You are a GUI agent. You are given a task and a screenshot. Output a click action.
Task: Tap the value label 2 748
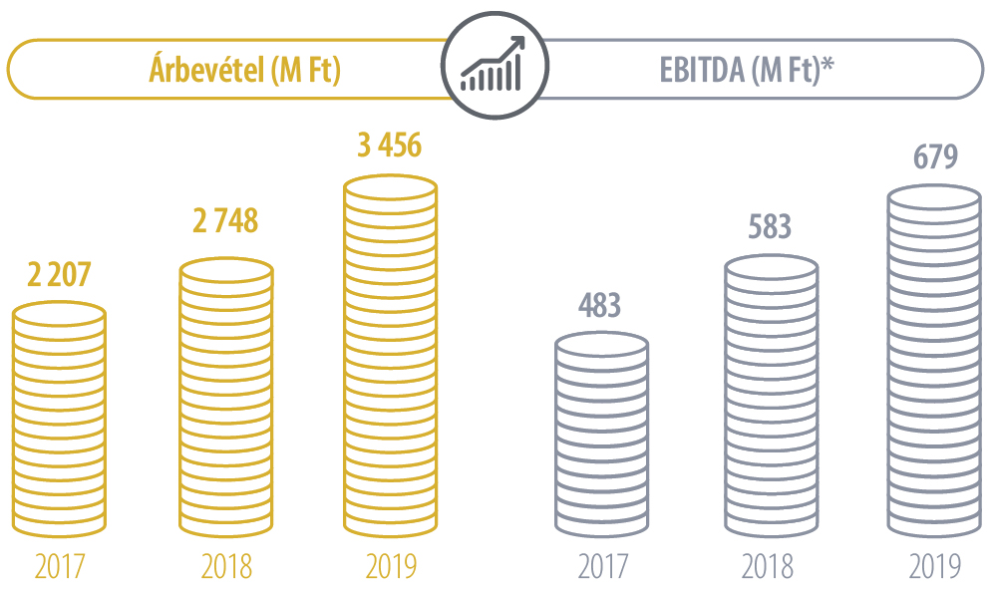click(225, 222)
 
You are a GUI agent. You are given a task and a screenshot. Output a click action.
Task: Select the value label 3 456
click(390, 146)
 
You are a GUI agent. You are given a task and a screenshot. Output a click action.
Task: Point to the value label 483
click(600, 305)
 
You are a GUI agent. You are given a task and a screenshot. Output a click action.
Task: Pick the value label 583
click(770, 226)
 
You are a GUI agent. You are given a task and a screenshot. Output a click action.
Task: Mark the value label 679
click(935, 157)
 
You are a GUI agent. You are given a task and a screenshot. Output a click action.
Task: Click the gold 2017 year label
click(59, 566)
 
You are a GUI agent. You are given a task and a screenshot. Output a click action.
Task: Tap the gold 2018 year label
click(226, 566)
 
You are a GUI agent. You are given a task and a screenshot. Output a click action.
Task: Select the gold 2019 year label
click(390, 566)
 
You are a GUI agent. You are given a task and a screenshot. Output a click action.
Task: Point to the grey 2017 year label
click(602, 566)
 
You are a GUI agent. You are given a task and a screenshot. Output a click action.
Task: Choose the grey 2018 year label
click(768, 566)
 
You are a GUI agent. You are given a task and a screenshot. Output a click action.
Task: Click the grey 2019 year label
click(935, 566)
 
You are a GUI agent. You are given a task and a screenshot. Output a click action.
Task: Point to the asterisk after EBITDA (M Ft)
click(826, 66)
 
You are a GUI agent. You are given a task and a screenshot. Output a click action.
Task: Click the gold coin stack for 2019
click(390, 359)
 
